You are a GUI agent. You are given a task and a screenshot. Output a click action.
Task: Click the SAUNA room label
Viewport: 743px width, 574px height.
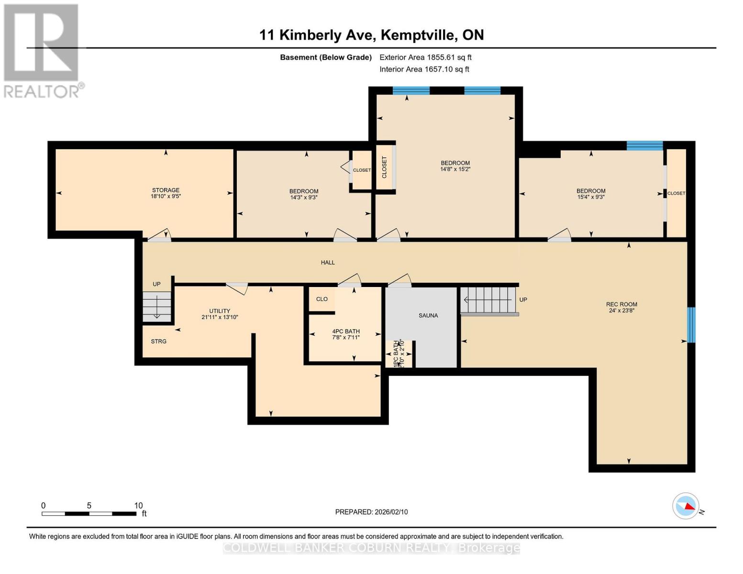(x=428, y=316)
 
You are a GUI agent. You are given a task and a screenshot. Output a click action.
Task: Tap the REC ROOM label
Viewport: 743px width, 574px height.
(x=621, y=304)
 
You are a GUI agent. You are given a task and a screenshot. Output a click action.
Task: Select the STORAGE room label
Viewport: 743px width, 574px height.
(x=166, y=190)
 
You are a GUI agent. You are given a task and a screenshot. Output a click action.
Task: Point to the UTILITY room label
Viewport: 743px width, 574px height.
(x=219, y=311)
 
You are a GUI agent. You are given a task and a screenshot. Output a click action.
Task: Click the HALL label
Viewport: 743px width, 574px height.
(x=328, y=263)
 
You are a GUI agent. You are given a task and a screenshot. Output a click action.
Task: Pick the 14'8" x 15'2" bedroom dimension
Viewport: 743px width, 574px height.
(x=455, y=169)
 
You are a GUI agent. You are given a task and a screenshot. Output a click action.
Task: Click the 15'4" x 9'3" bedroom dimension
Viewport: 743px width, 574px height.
(x=591, y=197)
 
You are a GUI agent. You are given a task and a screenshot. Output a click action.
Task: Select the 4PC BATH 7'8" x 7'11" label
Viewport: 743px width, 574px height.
(x=346, y=334)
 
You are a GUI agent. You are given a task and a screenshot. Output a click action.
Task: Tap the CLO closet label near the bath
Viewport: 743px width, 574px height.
(x=322, y=299)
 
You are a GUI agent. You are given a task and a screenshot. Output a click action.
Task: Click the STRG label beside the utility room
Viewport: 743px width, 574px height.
(x=158, y=342)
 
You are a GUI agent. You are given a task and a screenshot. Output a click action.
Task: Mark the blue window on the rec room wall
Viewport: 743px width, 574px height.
(x=691, y=325)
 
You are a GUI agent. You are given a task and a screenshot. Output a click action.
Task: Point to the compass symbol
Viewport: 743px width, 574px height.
(x=686, y=506)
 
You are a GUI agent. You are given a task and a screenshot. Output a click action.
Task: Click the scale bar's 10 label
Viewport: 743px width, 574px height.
(x=138, y=506)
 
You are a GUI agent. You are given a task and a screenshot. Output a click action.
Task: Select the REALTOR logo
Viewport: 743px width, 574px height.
(x=42, y=50)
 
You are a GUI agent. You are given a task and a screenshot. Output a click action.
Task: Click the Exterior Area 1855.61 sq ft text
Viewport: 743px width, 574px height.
(x=425, y=57)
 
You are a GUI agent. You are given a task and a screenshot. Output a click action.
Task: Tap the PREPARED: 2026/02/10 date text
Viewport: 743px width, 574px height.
(x=371, y=512)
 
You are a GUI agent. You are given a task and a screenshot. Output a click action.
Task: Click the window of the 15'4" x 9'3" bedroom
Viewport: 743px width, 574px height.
(x=644, y=145)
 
